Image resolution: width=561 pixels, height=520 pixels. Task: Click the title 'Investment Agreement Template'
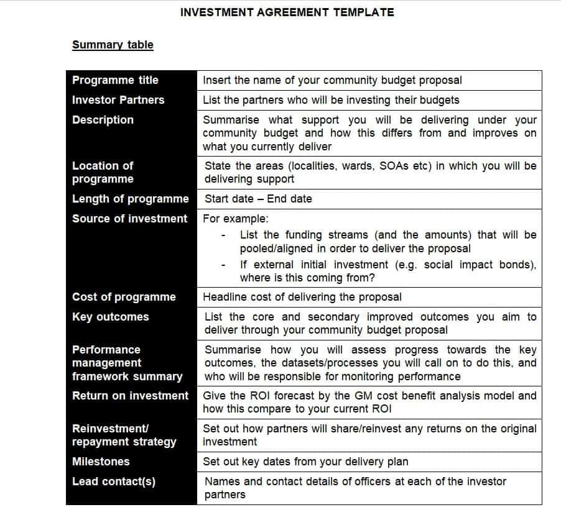287,12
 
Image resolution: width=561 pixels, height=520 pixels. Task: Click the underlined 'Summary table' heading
113,45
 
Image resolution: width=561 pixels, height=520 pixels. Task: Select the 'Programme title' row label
115,80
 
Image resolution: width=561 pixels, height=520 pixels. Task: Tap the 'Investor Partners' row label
118,100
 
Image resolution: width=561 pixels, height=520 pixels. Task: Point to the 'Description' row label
103,120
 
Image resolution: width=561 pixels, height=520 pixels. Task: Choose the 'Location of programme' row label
103,173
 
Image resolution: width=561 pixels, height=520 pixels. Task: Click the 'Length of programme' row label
130,199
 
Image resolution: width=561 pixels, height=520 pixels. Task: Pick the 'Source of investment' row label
129,219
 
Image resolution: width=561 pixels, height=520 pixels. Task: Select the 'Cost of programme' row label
124,297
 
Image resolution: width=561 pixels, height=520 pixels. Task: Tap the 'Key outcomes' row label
110,317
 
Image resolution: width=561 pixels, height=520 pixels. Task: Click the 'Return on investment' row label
130,396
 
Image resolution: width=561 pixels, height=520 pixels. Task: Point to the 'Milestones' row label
101,462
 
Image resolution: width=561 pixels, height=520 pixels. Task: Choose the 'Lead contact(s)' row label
114,481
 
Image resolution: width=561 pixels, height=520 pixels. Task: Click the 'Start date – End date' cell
258,199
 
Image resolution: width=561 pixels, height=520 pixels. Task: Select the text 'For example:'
236,219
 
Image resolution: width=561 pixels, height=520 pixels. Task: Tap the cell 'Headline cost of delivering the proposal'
302,297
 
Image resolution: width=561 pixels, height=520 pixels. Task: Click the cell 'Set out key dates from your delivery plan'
305,462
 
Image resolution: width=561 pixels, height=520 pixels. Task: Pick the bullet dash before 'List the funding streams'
223,235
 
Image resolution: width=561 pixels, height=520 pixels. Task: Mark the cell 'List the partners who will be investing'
331,100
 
